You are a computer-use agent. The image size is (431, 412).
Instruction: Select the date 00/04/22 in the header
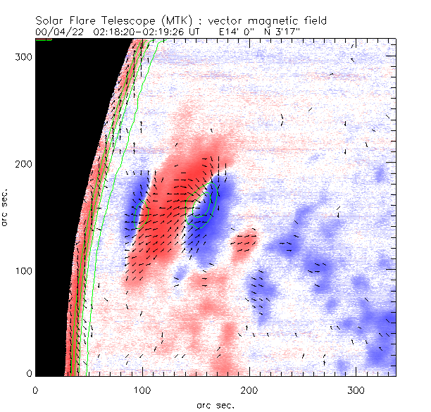coord(56,32)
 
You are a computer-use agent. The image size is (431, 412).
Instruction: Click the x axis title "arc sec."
coord(215,404)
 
